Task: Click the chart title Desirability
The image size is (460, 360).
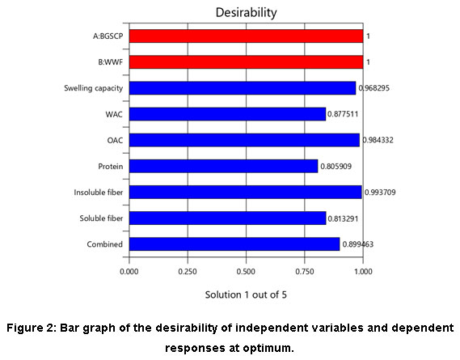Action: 246,13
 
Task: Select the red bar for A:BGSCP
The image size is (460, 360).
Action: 246,36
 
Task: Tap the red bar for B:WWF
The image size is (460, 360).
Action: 246,62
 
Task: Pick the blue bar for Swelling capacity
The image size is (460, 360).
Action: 243,88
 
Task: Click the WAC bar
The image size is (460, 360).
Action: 227,114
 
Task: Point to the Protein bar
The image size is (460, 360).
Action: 224,166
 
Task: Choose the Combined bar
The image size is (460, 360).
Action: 234,244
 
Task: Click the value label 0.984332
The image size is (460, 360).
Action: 378,140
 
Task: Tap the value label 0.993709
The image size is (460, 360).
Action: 380,193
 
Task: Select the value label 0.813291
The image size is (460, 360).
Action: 343,218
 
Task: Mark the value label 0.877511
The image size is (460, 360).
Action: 343,114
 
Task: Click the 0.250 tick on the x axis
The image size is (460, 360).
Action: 188,271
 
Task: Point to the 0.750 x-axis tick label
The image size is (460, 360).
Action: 305,271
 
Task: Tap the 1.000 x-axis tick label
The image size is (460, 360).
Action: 363,271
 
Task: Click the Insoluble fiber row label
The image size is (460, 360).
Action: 99,193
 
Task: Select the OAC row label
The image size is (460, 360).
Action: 115,140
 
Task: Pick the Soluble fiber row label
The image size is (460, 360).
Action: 101,218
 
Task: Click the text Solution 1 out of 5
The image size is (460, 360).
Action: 246,294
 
